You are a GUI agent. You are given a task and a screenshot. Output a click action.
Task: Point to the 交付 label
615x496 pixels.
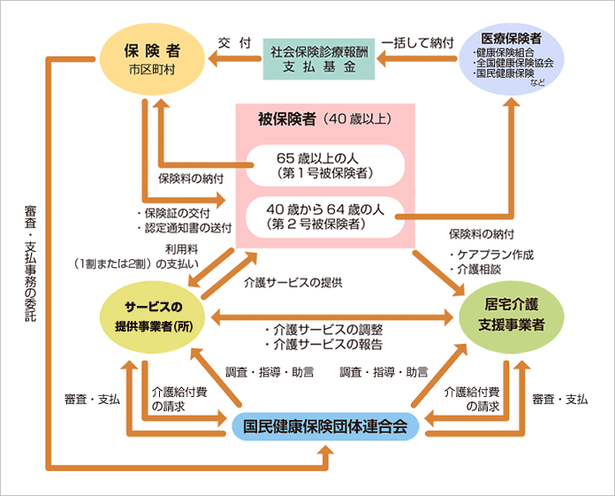coord(235,42)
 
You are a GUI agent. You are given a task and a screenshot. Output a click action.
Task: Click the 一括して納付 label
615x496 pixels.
coord(417,42)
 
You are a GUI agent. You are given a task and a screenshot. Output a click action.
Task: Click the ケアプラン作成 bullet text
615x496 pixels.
coord(491,254)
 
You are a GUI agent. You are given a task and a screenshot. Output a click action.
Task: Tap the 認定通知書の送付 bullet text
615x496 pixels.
coord(185,227)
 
